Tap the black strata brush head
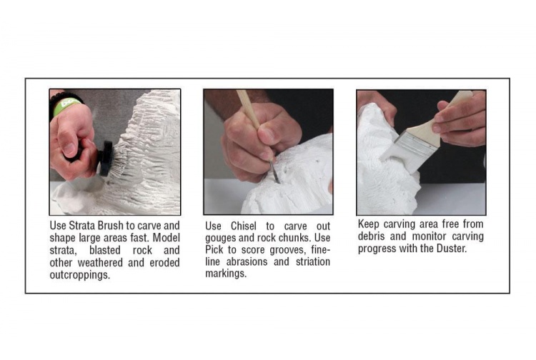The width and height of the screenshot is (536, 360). pyautogui.click(x=106, y=159)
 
